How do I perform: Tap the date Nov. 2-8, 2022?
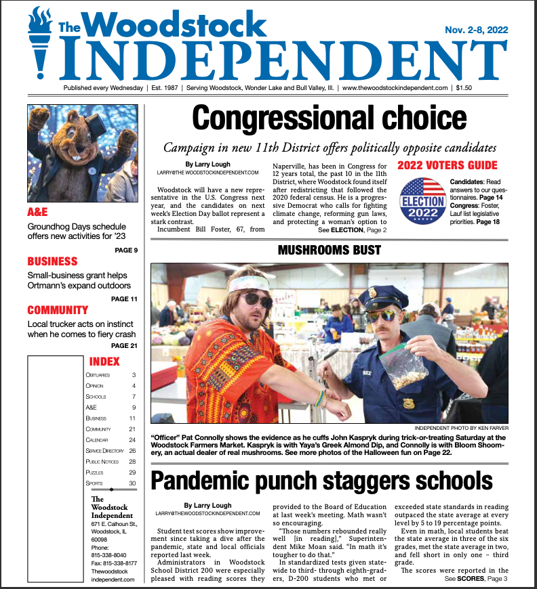pos(476,30)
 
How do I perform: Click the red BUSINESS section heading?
pos(52,261)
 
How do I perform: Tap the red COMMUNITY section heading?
pos(58,310)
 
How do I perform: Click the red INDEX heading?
pos(104,362)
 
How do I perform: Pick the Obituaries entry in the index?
pos(98,375)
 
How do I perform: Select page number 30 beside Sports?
pos(132,483)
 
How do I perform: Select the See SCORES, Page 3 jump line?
pos(476,579)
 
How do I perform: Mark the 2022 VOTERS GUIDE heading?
pos(447,166)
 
